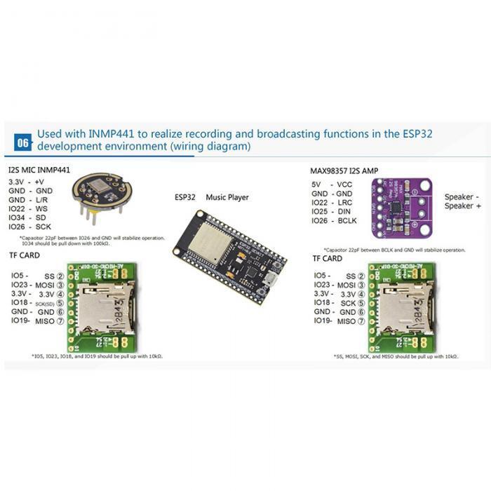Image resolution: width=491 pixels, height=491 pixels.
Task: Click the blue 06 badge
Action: pos(23,142)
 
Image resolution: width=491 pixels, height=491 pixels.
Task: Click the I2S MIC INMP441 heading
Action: pos(39,170)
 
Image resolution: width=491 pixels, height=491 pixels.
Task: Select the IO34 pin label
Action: pos(18,217)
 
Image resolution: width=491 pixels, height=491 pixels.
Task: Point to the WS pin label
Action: pos(41,208)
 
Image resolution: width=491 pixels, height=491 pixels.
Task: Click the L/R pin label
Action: pos(42,199)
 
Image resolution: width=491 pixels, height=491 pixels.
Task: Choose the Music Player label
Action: pos(227,198)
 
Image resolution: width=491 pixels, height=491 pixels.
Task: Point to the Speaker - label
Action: pos(462,197)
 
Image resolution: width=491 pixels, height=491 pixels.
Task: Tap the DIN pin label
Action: pos(344,211)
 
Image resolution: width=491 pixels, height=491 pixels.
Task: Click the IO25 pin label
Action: pos(321,211)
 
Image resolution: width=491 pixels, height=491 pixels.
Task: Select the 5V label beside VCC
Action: pos(317,184)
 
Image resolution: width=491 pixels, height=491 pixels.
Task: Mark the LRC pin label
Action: pos(344,202)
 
